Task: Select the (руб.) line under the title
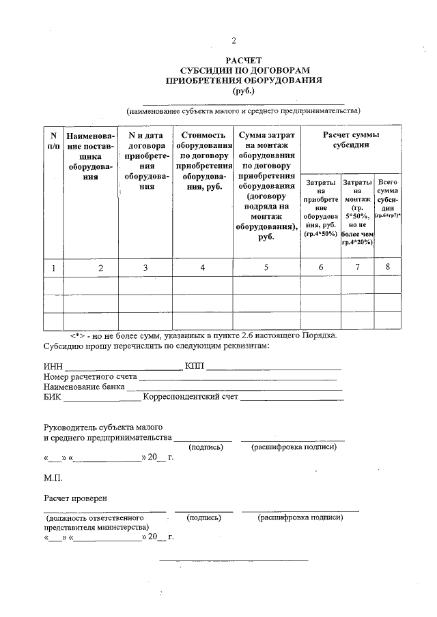tap(243, 90)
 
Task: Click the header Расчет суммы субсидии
tap(351, 140)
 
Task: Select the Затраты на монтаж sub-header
tap(357, 212)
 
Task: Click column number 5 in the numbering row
tap(266, 267)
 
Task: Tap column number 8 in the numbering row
tap(388, 267)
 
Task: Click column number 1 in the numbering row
tap(53, 268)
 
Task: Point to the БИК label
tap(53, 397)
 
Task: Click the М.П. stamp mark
tap(53, 478)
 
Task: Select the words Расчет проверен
tap(76, 498)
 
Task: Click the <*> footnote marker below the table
tap(81, 335)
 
